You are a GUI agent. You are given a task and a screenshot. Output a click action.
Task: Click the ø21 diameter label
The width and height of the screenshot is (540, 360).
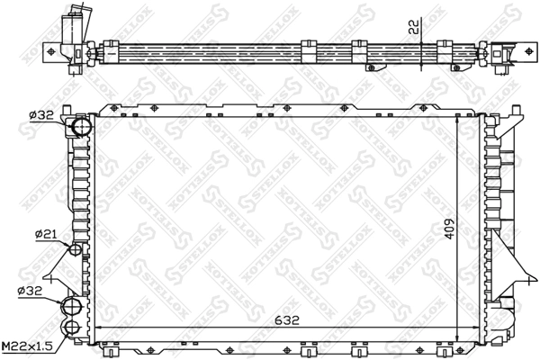(45, 235)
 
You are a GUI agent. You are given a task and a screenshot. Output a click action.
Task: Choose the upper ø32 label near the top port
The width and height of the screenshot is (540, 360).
(42, 114)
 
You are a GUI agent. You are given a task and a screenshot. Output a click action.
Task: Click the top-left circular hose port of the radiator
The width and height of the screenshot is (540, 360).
(79, 127)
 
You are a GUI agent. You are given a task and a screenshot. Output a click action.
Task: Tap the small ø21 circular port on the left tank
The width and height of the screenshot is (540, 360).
(76, 249)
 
